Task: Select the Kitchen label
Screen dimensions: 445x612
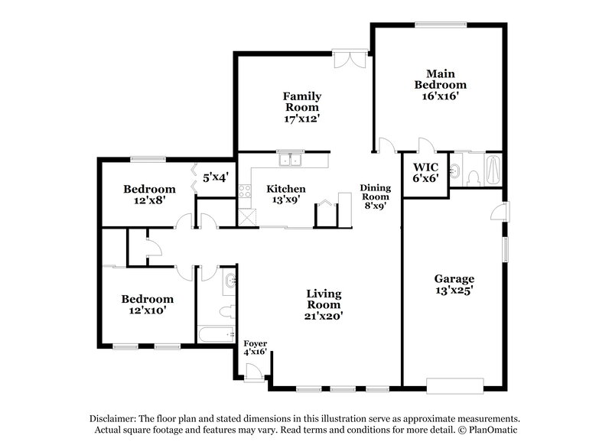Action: (286, 189)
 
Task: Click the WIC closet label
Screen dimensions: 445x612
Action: (425, 167)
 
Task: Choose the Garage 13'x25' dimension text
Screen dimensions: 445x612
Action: (455, 291)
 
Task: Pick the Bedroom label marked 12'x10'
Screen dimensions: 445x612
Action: (147, 299)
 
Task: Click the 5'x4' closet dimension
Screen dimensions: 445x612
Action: (216, 177)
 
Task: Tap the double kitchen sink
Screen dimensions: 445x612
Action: (290, 161)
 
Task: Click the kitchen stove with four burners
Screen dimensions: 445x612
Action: (245, 191)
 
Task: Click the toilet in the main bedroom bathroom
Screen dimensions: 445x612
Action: (472, 177)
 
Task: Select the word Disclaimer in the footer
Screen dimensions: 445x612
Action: (115, 418)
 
